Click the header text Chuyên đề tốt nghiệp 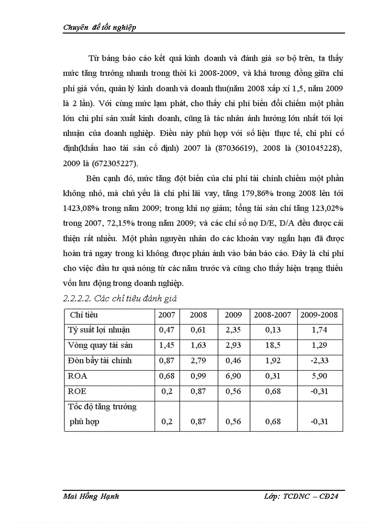(x=99, y=27)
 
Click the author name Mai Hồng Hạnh (x=91, y=496)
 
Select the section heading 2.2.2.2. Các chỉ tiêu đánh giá (x=120, y=298)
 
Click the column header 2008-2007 (x=272, y=315)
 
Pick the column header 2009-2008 (x=319, y=315)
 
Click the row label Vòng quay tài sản (x=100, y=345)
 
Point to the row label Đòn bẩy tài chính (x=100, y=360)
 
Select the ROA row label (x=77, y=375)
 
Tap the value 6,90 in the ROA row (x=233, y=375)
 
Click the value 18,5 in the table (x=273, y=345)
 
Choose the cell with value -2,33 (x=319, y=360)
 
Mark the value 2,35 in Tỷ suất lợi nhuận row (x=233, y=330)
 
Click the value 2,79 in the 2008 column (x=198, y=360)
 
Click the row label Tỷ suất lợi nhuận (x=99, y=330)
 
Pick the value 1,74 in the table (x=319, y=330)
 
